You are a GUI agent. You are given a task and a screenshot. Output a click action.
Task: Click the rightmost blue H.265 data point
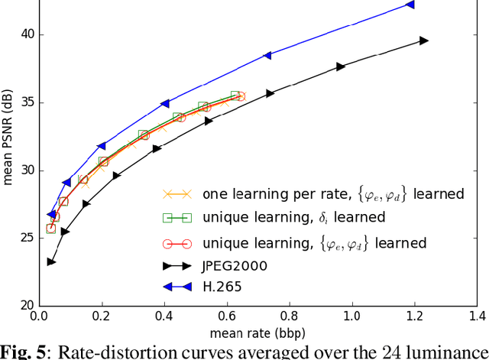[x=410, y=5]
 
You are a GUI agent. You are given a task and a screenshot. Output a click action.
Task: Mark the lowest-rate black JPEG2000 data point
[x=50, y=262]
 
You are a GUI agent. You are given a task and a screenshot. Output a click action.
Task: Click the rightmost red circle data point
[x=241, y=96]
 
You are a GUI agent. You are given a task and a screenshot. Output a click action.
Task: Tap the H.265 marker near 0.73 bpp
[x=267, y=55]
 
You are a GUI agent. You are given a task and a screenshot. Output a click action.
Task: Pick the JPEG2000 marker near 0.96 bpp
[x=341, y=66]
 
